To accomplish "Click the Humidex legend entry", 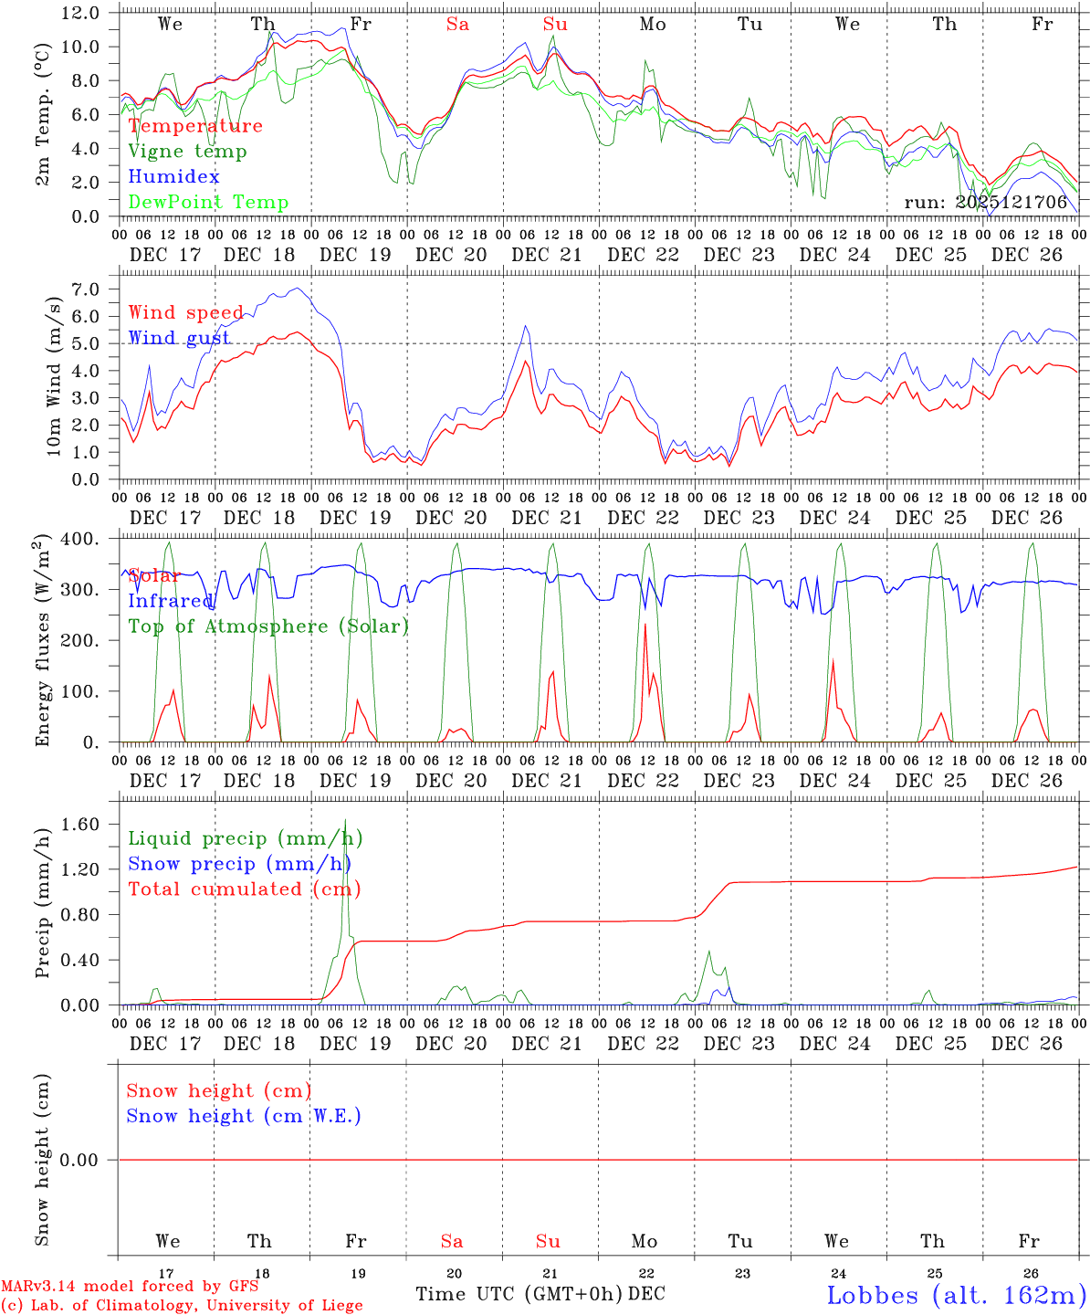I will (x=173, y=176).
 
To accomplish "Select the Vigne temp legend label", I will (x=187, y=151).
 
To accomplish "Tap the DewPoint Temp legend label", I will (x=208, y=202).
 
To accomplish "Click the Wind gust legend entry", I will (x=179, y=338).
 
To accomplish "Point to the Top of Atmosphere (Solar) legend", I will (x=268, y=626).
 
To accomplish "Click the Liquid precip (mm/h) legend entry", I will (x=245, y=838).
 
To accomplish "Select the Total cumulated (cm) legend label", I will (x=245, y=889).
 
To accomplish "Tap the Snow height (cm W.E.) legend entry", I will (x=244, y=1116).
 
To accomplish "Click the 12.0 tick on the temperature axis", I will (x=80, y=13).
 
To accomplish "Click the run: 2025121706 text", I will (x=986, y=203).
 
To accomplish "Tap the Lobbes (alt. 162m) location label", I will (x=956, y=1295).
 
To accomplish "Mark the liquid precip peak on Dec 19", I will (x=345, y=820).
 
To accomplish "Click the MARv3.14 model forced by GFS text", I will (x=130, y=1286).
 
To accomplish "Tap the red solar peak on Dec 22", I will (x=645, y=625).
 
